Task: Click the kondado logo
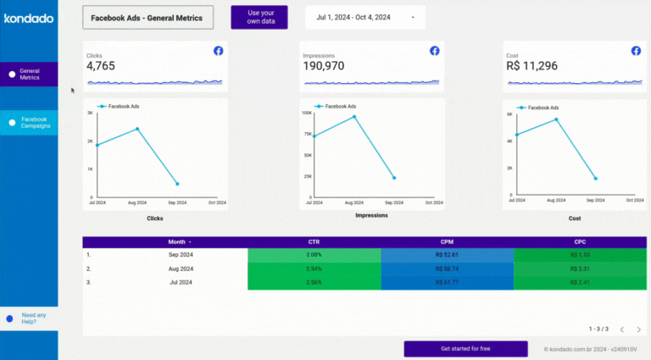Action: (x=29, y=18)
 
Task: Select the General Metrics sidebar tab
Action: (x=30, y=74)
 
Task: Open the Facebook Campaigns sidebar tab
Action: (x=30, y=123)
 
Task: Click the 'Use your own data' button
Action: (x=259, y=17)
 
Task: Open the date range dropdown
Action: (x=365, y=17)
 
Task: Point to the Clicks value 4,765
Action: (x=101, y=65)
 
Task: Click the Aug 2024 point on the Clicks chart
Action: (x=137, y=129)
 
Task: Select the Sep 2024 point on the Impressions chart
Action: (x=394, y=178)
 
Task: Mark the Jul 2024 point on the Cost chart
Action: (x=516, y=135)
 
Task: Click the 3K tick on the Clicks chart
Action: (x=89, y=112)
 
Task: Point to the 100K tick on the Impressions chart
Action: (x=307, y=112)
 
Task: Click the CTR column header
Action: (x=314, y=241)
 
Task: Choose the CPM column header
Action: (x=448, y=241)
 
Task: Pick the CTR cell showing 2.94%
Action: (x=314, y=269)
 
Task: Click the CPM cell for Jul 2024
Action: (x=448, y=282)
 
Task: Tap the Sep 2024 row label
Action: (x=180, y=254)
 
